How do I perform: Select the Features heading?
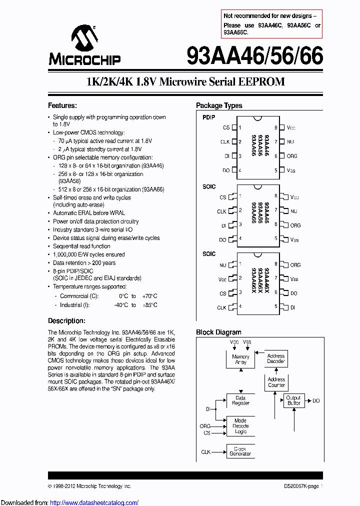[62, 105]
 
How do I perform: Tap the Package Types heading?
[218, 105]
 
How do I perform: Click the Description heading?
[66, 320]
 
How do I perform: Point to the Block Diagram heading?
[218, 332]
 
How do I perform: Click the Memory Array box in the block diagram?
[240, 359]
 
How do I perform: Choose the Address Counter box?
[276, 382]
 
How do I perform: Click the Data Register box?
[240, 400]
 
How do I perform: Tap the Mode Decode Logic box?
[240, 426]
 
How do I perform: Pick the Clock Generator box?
[240, 451]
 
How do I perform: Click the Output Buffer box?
[293, 400]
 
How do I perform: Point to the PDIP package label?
[208, 117]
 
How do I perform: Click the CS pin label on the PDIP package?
[226, 128]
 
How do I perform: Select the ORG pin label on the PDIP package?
[291, 156]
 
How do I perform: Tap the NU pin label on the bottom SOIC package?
[222, 265]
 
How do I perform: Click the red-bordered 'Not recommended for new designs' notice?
[272, 24]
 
